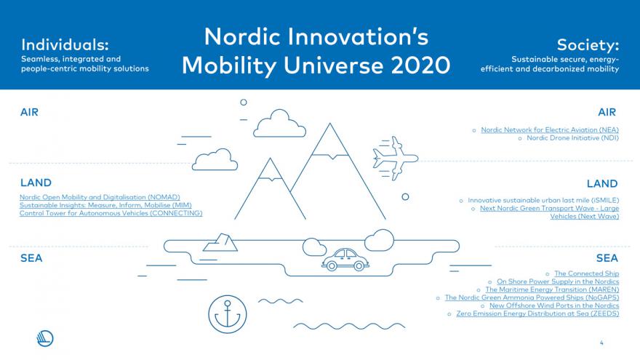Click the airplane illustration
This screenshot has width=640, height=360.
[396, 159]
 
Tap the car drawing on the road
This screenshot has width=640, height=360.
[345, 260]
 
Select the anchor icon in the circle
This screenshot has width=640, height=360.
[228, 314]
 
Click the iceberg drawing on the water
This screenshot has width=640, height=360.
[220, 242]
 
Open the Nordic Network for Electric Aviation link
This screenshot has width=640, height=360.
[550, 129]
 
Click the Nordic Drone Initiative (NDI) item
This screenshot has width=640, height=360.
[572, 138]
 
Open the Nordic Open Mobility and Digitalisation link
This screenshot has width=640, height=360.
[100, 197]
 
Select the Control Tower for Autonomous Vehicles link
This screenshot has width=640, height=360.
[111, 213]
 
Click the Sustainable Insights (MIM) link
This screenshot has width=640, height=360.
[105, 205]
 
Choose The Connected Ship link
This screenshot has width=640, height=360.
[586, 273]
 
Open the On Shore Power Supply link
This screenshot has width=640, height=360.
[558, 281]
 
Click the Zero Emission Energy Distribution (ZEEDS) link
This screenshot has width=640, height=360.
[537, 313]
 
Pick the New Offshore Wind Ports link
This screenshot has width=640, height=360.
[554, 305]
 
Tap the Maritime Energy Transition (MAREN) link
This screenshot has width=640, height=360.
[552, 289]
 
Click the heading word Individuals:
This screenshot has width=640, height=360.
[65, 44]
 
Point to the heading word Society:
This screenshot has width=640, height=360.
[588, 44]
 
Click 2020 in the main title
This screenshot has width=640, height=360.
[420, 65]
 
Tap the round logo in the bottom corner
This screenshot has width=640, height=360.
[45, 338]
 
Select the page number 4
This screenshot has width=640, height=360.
[601, 343]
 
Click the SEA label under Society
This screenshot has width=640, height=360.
[607, 258]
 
